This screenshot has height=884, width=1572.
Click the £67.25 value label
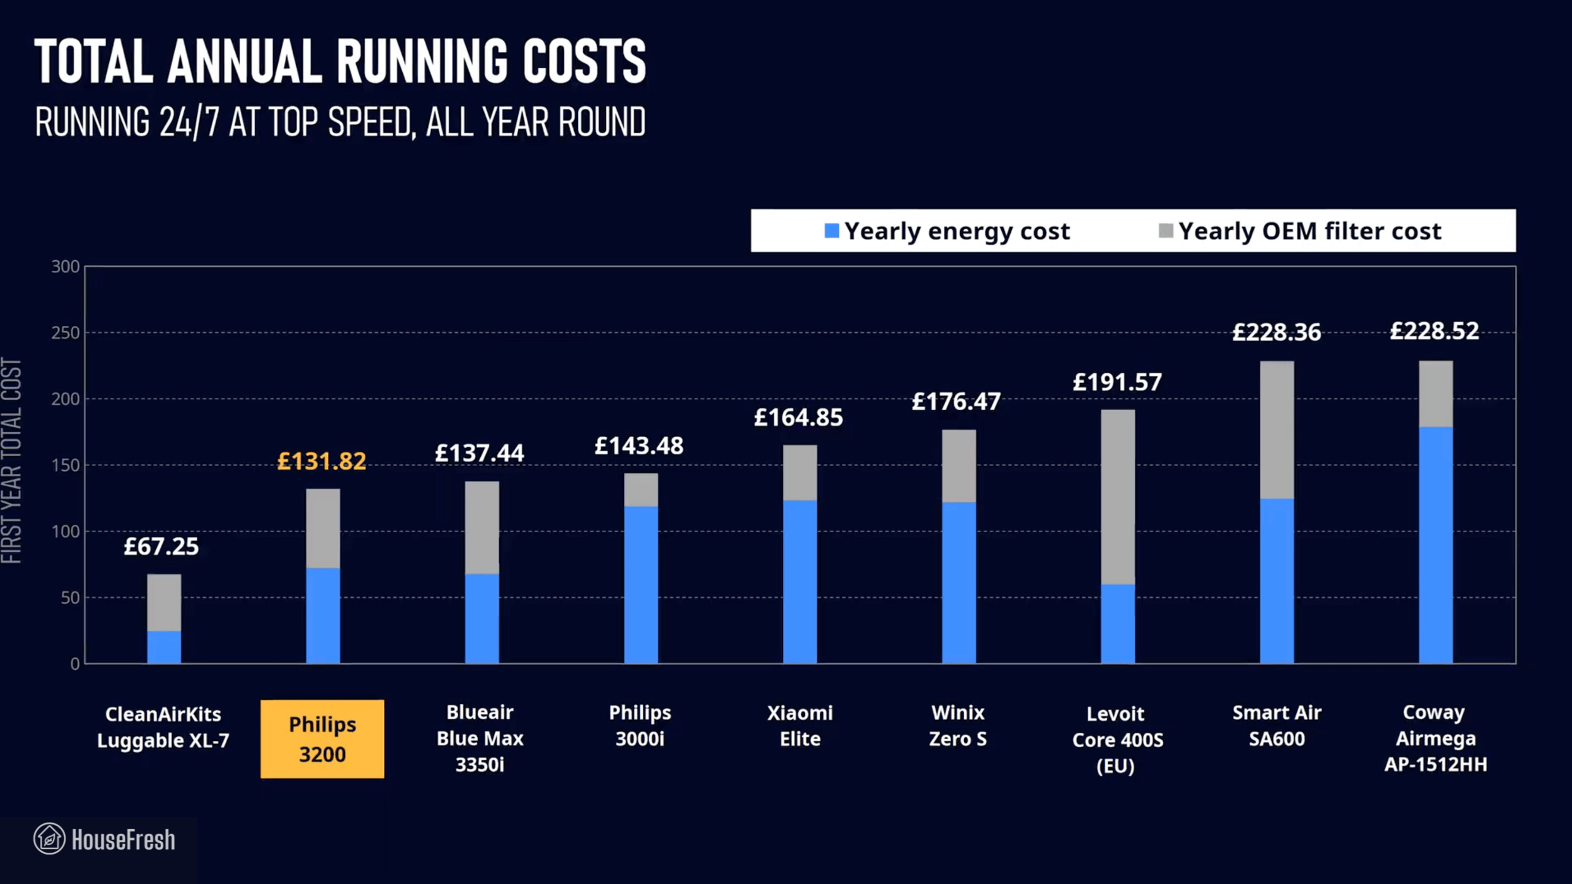point(161,546)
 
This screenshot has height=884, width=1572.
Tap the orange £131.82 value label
point(321,461)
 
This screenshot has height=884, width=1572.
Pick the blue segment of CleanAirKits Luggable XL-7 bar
point(164,647)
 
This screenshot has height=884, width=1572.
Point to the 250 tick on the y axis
point(66,333)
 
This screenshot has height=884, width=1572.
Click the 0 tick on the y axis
point(74,664)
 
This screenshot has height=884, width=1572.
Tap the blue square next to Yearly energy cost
point(831,231)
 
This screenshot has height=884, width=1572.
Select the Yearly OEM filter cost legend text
point(1309,231)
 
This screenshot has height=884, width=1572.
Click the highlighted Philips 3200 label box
point(322,739)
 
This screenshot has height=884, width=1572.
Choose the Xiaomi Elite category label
point(800,726)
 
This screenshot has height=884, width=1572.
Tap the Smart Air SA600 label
point(1277,726)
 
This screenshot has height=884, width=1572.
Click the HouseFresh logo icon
point(49,839)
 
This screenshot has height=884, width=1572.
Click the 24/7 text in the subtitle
point(189,122)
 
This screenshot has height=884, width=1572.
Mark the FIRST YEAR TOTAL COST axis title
point(12,460)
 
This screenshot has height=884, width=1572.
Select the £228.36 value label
point(1276,332)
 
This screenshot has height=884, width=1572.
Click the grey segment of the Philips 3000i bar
point(640,489)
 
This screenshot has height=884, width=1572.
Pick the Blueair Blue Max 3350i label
point(480,738)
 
